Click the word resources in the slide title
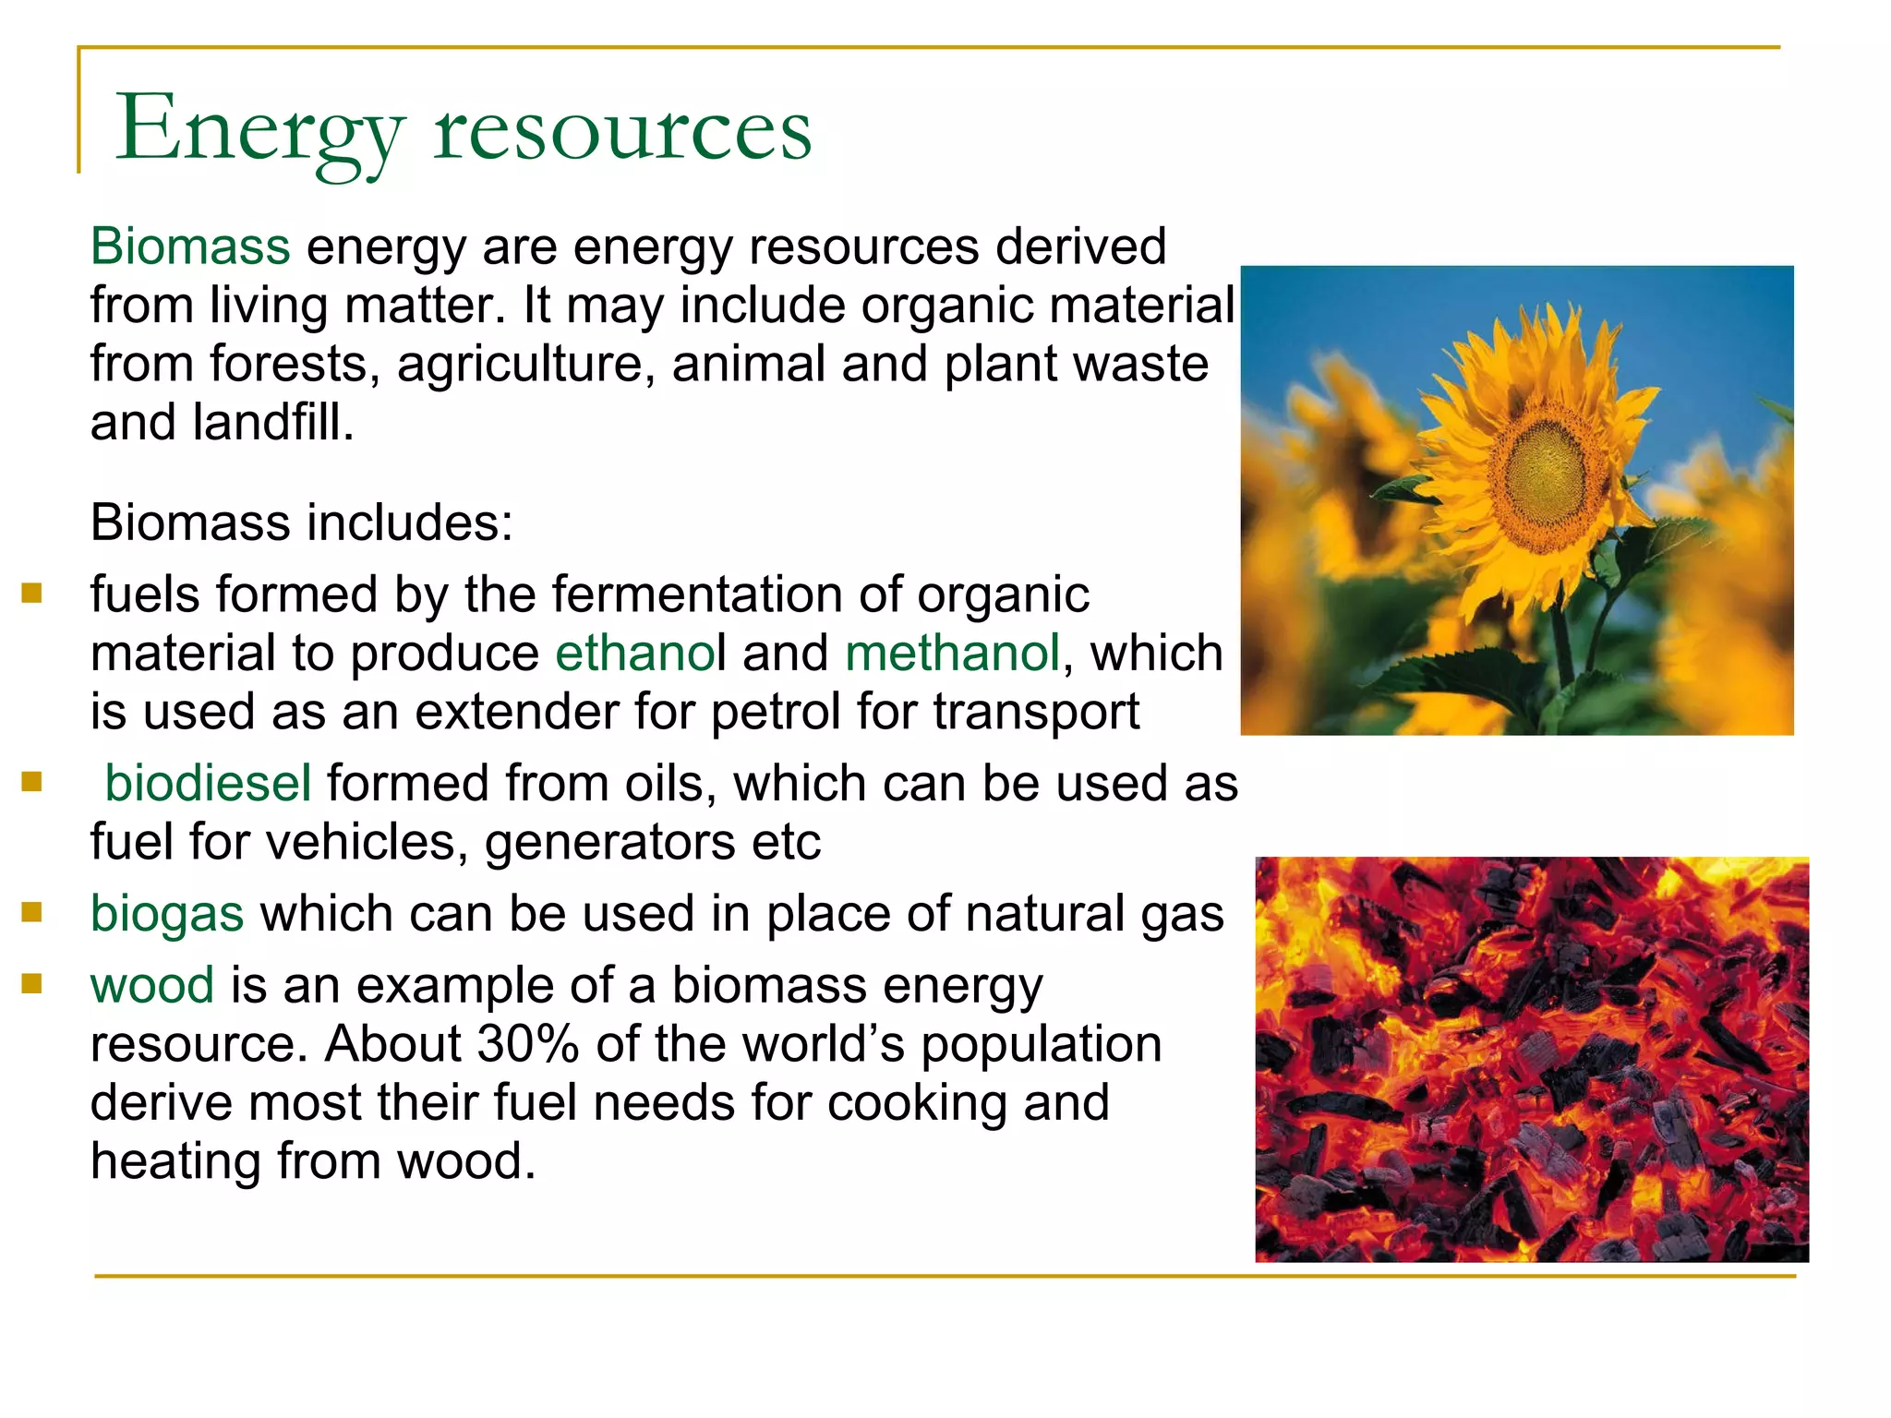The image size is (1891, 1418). click(x=623, y=129)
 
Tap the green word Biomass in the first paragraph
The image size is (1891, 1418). click(x=190, y=246)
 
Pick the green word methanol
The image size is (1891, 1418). click(x=952, y=653)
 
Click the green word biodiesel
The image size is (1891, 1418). click(x=208, y=783)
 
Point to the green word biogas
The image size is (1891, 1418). click(x=167, y=914)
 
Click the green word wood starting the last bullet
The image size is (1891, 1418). click(x=152, y=985)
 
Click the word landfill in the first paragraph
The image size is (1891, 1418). click(x=272, y=423)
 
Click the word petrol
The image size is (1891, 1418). click(x=775, y=712)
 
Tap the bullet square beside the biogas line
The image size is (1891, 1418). click(x=32, y=912)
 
